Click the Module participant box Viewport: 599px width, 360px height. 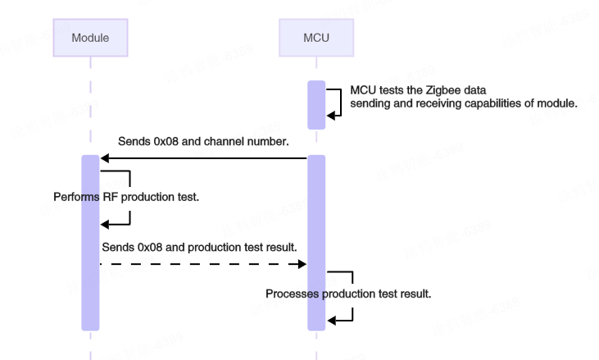coord(90,38)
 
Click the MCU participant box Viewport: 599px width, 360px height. coord(316,38)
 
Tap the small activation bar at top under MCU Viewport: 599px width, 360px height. coord(316,104)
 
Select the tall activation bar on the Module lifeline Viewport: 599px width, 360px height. coord(90,242)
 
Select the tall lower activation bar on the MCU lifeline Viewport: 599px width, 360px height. coord(316,242)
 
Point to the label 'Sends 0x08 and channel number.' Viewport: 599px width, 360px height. coord(203,141)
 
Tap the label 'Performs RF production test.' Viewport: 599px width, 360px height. coord(126,198)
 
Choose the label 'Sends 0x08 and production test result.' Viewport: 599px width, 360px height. coord(199,246)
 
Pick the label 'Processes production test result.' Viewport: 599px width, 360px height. coord(348,294)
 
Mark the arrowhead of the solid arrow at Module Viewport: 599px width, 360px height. coord(104,158)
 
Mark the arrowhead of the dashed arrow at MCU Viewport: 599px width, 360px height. coord(302,264)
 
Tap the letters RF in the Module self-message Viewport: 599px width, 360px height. coord(111,198)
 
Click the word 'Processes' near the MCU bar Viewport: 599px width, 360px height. coord(292,294)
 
